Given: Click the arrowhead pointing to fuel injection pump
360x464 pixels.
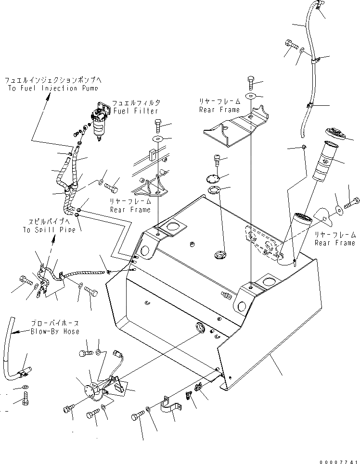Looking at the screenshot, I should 49,97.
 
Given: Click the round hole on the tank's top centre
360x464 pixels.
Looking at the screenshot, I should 221,254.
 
